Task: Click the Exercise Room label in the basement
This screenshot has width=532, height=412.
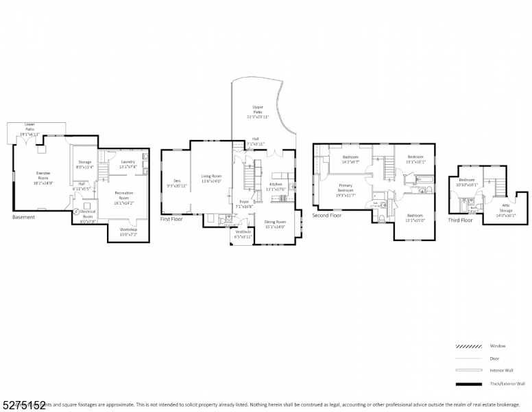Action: [43, 178]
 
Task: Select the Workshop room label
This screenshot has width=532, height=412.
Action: [128, 231]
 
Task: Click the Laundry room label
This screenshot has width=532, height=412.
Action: [128, 163]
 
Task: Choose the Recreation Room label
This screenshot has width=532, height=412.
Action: [123, 197]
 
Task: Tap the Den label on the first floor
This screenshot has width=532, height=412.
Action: [176, 183]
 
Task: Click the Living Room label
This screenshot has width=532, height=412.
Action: [211, 179]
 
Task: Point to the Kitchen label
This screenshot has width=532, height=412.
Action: [275, 186]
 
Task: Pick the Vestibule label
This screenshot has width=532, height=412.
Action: [243, 233]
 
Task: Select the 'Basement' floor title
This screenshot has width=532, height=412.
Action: [23, 218]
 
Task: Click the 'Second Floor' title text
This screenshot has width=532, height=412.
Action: [326, 215]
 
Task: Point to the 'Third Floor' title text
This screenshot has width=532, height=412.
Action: [460, 220]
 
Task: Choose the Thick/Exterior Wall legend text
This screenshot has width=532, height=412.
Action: [508, 384]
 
